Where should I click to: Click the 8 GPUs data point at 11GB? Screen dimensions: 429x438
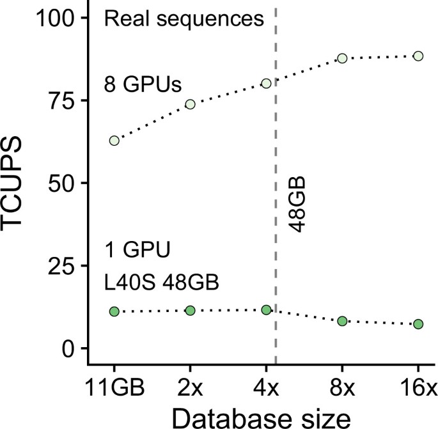point(114,141)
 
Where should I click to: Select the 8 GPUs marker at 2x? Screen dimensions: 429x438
point(190,104)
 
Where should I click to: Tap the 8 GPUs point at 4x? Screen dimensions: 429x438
point(266,83)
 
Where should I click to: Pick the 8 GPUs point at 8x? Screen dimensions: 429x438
point(342,58)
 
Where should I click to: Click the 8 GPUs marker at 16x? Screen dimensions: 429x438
point(418,56)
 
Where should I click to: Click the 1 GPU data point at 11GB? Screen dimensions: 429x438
point(114,311)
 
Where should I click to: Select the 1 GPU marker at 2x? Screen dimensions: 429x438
point(190,310)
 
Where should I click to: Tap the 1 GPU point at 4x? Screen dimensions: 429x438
point(266,309)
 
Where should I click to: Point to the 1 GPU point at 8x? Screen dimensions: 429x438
point(342,321)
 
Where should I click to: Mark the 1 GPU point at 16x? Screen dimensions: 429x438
point(418,324)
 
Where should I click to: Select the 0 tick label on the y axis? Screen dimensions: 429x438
point(66,348)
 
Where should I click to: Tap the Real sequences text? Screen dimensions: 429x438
point(184,18)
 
